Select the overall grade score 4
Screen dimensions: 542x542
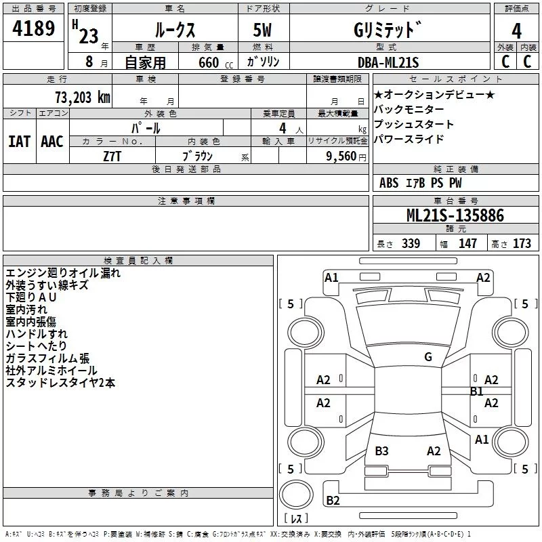coord(516,31)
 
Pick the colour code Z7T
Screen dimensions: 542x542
coord(113,155)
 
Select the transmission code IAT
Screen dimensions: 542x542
coord(20,142)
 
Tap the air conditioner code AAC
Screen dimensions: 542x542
coord(52,142)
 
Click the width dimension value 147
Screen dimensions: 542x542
coord(467,244)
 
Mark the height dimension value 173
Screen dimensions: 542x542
coord(522,244)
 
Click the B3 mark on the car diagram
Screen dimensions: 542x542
coord(381,451)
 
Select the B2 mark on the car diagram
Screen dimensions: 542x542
coord(333,501)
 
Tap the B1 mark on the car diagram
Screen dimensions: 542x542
coord(476,391)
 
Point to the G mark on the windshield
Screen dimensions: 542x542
coord(428,357)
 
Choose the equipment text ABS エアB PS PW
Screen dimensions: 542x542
coord(421,183)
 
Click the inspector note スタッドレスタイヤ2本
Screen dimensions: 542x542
coord(60,383)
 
